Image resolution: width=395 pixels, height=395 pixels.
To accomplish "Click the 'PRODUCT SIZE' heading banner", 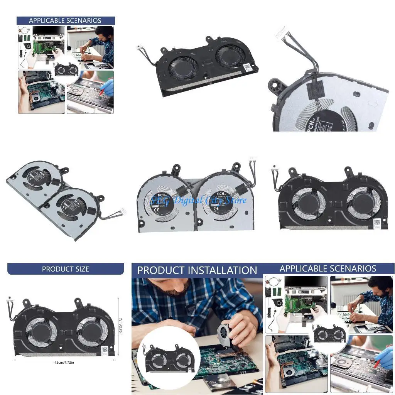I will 65,269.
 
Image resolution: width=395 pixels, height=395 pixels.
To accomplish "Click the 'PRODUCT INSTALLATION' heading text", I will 197,270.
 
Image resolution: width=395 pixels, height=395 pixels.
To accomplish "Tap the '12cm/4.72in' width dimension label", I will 64,362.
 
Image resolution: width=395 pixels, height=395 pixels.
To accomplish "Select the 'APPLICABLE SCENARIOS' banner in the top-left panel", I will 65,20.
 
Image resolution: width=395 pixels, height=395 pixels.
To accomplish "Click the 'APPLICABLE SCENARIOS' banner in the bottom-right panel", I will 327,268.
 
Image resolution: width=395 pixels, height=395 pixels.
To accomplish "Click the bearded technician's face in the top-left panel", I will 104,34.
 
